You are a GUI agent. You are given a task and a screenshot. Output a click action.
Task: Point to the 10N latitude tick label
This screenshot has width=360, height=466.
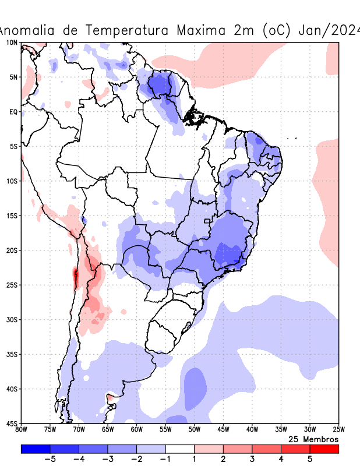click(x=12, y=43)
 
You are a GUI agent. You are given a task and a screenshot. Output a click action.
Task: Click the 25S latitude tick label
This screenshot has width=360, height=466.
click(x=12, y=285)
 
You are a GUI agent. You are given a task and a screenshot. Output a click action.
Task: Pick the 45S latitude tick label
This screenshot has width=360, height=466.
click(x=12, y=423)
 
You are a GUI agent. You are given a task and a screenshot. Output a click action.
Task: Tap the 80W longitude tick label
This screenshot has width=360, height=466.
click(x=21, y=430)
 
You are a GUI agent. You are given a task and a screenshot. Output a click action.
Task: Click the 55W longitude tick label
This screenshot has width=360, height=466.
click(x=165, y=430)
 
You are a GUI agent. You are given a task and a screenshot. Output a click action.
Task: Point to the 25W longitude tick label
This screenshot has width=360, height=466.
click(x=338, y=430)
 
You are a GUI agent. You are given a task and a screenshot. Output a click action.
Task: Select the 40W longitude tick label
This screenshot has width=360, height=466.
click(x=252, y=430)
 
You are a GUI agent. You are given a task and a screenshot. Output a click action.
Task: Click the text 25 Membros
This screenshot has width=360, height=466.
click(x=313, y=439)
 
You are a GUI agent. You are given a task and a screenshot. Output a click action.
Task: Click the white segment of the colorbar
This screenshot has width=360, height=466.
click(x=179, y=449)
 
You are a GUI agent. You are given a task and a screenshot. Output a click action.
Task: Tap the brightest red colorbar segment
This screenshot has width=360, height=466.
click(x=324, y=449)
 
